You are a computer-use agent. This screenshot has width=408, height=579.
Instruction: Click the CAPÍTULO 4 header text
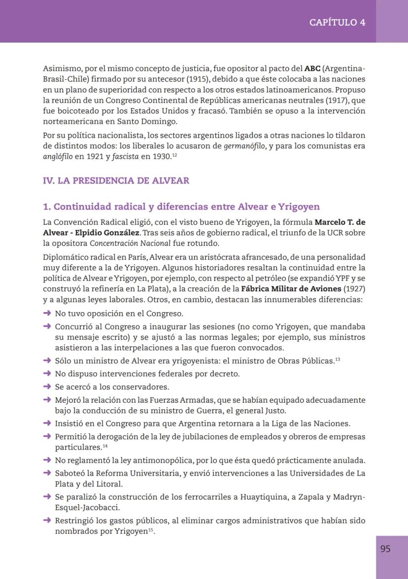click(337, 22)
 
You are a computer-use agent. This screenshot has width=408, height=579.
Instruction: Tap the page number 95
click(385, 548)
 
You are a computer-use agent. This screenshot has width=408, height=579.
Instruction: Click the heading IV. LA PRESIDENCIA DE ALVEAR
click(116, 181)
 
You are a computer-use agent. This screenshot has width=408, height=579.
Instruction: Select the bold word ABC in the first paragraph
click(312, 68)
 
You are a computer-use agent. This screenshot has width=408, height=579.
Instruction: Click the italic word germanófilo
click(244, 146)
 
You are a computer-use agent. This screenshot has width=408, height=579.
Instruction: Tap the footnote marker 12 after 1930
click(174, 155)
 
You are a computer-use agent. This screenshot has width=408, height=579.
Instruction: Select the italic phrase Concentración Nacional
click(130, 243)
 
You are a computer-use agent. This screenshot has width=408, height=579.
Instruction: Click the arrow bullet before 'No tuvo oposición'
click(47, 313)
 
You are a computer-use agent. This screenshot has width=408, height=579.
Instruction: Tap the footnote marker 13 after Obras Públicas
click(338, 359)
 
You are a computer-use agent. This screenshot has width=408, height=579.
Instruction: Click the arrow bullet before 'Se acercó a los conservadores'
click(47, 387)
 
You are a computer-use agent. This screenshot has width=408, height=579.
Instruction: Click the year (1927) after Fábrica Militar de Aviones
click(354, 289)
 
